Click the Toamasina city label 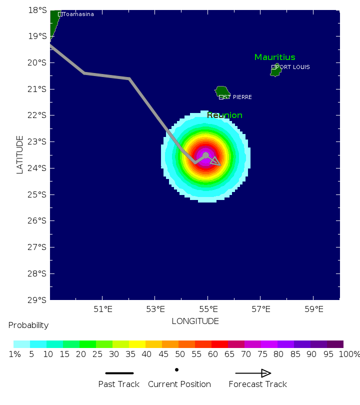(x=78, y=14)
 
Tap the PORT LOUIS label (x=292, y=67)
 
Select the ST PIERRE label (x=237, y=97)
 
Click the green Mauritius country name (x=274, y=57)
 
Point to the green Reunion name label (x=224, y=115)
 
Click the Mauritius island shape (x=275, y=70)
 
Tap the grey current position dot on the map (x=205, y=155)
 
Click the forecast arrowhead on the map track (x=215, y=161)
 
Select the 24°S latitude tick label (x=38, y=168)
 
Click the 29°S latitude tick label (x=38, y=300)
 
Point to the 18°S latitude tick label (x=38, y=10)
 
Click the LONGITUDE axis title (x=195, y=321)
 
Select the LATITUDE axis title (x=20, y=154)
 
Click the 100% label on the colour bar (x=349, y=354)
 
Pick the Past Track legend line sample (x=119, y=373)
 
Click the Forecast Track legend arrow (x=253, y=373)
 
